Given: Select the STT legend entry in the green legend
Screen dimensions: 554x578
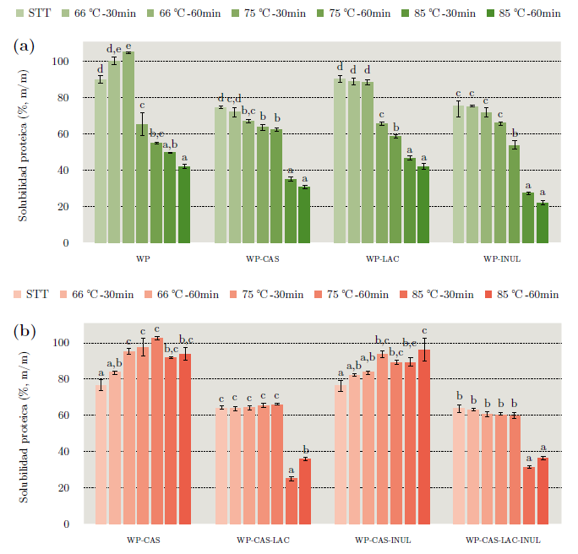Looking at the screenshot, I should click(31, 13).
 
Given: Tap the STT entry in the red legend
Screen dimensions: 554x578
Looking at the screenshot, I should click(31, 294).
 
